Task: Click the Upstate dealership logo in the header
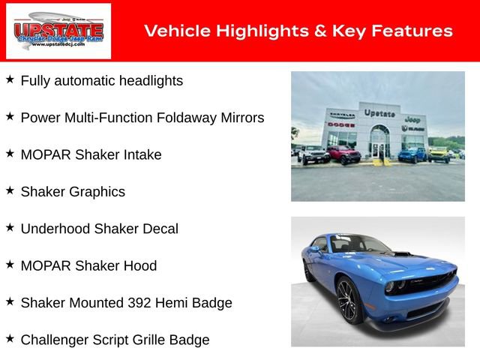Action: (x=58, y=31)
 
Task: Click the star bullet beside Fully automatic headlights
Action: (x=10, y=79)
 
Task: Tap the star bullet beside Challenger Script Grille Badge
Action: (x=10, y=339)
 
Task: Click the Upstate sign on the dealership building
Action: (x=379, y=112)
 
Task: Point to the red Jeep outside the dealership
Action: (x=343, y=154)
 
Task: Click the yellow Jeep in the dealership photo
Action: (x=439, y=154)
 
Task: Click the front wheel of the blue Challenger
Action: (x=348, y=299)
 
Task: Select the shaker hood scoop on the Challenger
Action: (x=403, y=255)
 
